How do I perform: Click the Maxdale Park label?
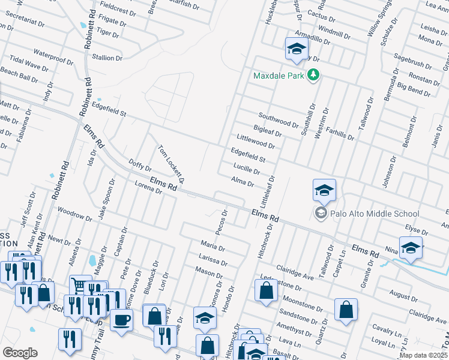point(279,76)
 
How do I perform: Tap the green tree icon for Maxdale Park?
point(313,75)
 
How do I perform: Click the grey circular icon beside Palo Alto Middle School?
point(321,214)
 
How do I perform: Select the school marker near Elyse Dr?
point(411,247)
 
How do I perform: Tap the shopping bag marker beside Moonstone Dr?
point(266,290)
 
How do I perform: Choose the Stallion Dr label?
point(107,58)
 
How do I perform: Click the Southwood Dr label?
point(279,119)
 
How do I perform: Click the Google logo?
point(20,353)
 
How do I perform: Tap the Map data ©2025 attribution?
point(423,355)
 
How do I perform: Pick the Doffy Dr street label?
point(140,166)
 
